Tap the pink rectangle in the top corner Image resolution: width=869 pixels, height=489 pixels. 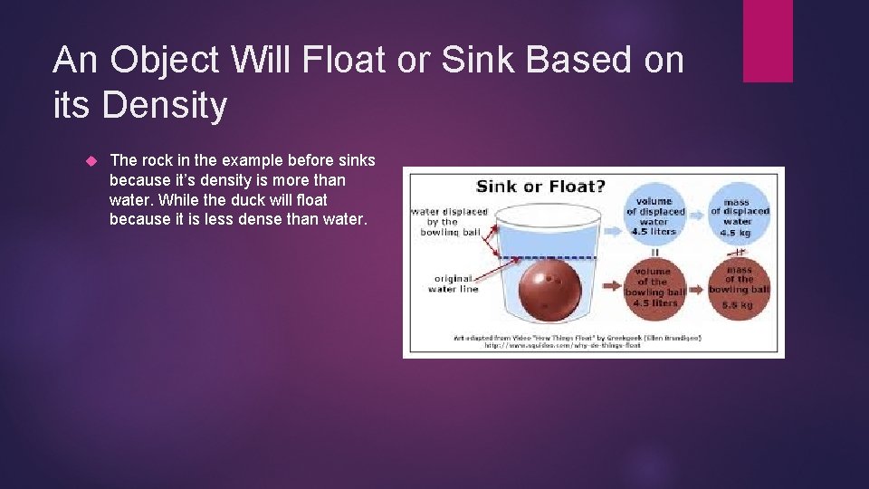[x=768, y=41]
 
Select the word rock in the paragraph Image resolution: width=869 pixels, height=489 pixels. [x=155, y=161]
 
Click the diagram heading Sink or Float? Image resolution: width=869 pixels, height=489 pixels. [x=540, y=187]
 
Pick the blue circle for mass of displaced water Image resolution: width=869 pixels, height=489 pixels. [x=739, y=216]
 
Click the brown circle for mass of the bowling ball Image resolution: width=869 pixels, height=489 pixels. [x=739, y=287]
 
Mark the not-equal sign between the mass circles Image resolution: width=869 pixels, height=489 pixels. [x=739, y=252]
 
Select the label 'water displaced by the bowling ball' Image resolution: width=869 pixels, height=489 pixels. [x=450, y=222]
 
